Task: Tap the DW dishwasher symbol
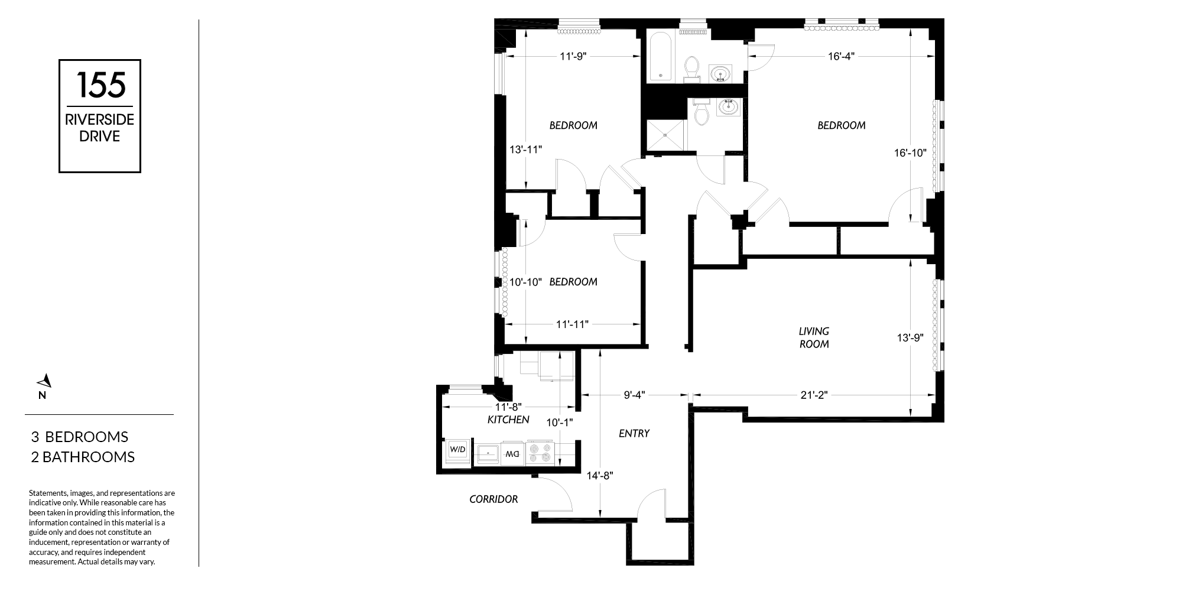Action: click(x=512, y=454)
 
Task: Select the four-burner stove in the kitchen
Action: click(x=540, y=453)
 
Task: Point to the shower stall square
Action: click(x=665, y=136)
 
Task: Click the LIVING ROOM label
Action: click(x=814, y=337)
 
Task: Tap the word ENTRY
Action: click(x=634, y=433)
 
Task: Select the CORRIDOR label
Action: click(x=493, y=499)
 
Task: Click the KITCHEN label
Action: click(x=508, y=420)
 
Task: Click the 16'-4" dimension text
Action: click(x=841, y=57)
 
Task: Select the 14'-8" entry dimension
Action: click(x=600, y=475)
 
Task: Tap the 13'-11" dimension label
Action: click(x=525, y=150)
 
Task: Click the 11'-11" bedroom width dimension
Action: click(x=572, y=324)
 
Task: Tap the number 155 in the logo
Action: click(x=100, y=85)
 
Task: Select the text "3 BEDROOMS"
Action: click(x=80, y=437)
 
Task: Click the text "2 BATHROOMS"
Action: click(x=83, y=457)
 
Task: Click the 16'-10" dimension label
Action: click(x=910, y=152)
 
